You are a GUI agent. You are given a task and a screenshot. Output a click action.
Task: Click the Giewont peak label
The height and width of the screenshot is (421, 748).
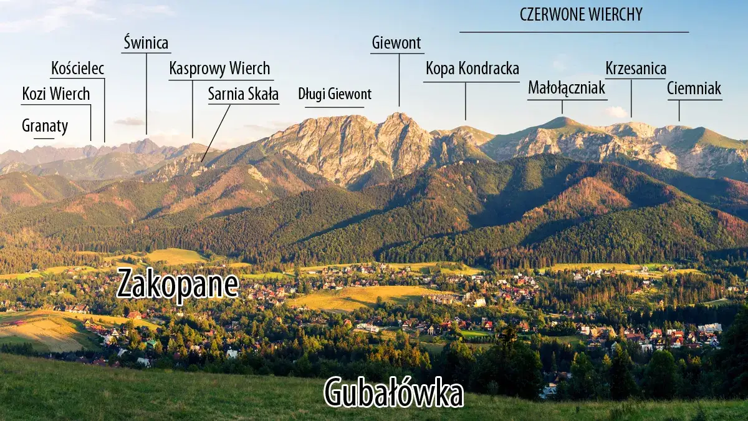396,43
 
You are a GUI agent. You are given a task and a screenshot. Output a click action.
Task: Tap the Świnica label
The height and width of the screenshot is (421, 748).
146,43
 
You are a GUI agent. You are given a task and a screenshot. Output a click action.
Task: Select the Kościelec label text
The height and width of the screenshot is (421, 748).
77,68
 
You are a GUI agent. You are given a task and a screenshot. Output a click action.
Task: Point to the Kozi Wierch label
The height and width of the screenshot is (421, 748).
56,94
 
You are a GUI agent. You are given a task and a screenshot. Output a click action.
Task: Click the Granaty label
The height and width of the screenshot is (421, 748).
45,125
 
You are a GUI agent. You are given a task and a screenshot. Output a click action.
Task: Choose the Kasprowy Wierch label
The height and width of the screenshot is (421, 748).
219,68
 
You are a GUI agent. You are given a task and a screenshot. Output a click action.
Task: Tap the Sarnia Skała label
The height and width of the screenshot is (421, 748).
243,94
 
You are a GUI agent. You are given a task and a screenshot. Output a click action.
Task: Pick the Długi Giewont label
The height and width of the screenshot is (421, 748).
335,94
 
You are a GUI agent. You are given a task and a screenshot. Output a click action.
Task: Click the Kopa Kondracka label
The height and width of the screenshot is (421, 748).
472,68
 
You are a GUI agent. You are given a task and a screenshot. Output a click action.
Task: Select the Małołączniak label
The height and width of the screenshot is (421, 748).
567,88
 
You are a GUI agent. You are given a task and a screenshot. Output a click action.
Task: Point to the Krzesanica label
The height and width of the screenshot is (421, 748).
636,68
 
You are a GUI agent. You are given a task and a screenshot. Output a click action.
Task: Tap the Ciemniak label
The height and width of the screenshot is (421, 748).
694,88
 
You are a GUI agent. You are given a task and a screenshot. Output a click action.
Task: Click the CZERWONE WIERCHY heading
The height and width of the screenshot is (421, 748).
581,14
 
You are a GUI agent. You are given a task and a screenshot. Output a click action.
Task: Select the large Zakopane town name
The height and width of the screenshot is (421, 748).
178,284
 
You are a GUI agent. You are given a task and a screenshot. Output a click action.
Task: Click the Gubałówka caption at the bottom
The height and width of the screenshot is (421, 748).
393,393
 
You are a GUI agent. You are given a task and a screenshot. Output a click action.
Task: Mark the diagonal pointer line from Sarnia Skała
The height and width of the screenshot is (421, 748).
216,132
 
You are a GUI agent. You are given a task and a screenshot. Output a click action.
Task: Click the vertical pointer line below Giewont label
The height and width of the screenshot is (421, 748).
400,80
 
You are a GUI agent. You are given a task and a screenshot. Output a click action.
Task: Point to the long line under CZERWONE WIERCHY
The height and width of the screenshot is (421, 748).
574,32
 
